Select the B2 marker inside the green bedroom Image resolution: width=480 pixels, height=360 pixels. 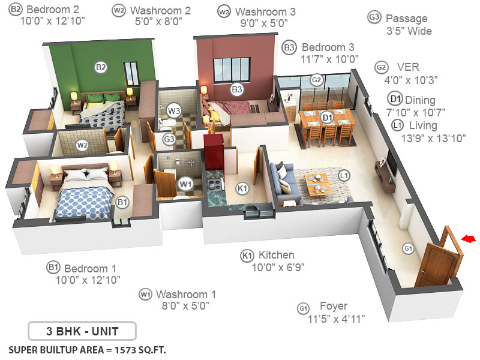[x=101, y=67]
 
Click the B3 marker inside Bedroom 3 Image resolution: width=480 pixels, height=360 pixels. [x=237, y=89]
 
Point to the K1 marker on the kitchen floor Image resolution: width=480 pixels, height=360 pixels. [x=242, y=188]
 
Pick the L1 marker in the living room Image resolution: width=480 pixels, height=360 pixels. [x=344, y=176]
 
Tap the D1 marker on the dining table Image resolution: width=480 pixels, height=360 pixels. [x=327, y=117]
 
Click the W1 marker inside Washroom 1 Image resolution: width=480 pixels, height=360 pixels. [x=185, y=183]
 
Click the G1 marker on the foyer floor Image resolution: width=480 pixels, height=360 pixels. [x=408, y=248]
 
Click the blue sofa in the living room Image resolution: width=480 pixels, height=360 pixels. [x=282, y=180]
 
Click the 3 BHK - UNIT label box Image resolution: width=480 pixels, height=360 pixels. [x=82, y=331]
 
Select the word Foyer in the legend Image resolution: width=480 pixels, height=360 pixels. [x=333, y=306]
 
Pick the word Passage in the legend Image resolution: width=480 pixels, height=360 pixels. [x=407, y=19]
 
